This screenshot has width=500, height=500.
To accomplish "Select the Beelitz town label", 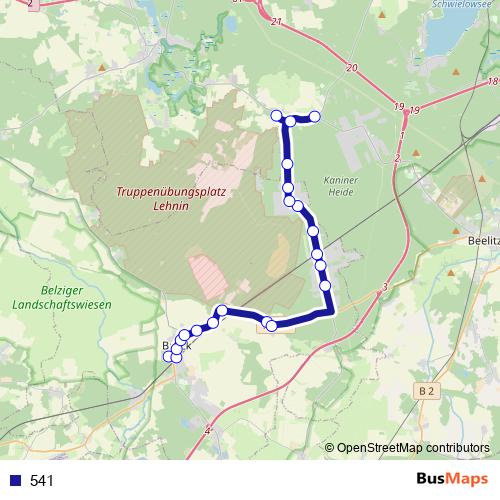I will (x=483, y=241).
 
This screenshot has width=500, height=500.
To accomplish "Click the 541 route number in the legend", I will (x=42, y=481).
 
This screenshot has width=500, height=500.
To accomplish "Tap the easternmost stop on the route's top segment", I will (x=314, y=117).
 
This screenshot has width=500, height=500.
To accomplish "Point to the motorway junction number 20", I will (x=351, y=67).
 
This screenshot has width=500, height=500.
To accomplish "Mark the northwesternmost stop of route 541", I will (x=277, y=116).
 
